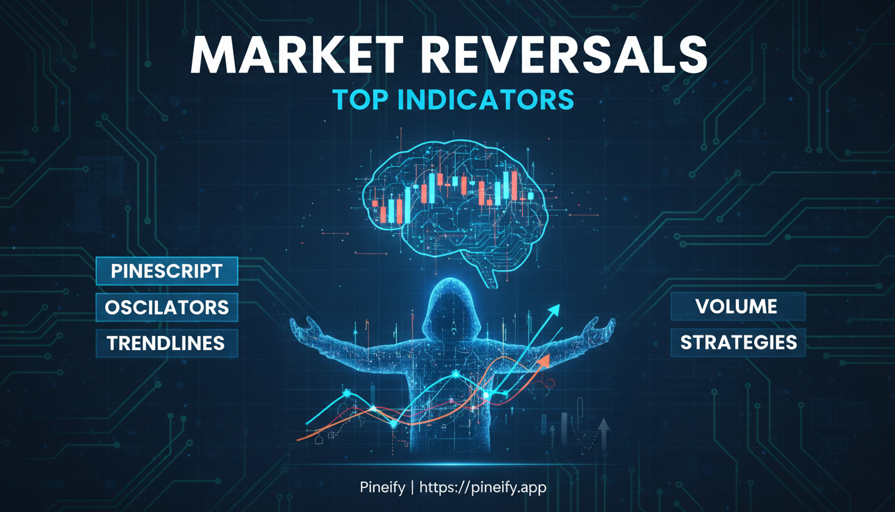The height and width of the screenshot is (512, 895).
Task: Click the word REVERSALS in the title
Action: coord(563,55)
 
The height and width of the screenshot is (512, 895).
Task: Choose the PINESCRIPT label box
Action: coord(166,271)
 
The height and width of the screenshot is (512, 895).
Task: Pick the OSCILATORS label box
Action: coord(166,307)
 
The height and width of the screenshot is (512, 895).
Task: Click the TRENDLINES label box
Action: coord(166,343)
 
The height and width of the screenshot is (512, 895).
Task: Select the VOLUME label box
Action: coord(737,307)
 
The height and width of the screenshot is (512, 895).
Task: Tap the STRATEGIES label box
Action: coord(738,343)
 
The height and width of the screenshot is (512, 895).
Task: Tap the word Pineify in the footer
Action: coord(378,488)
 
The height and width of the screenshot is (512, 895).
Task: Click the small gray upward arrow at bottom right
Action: coord(603,425)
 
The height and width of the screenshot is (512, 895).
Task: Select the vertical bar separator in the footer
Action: coord(413,488)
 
